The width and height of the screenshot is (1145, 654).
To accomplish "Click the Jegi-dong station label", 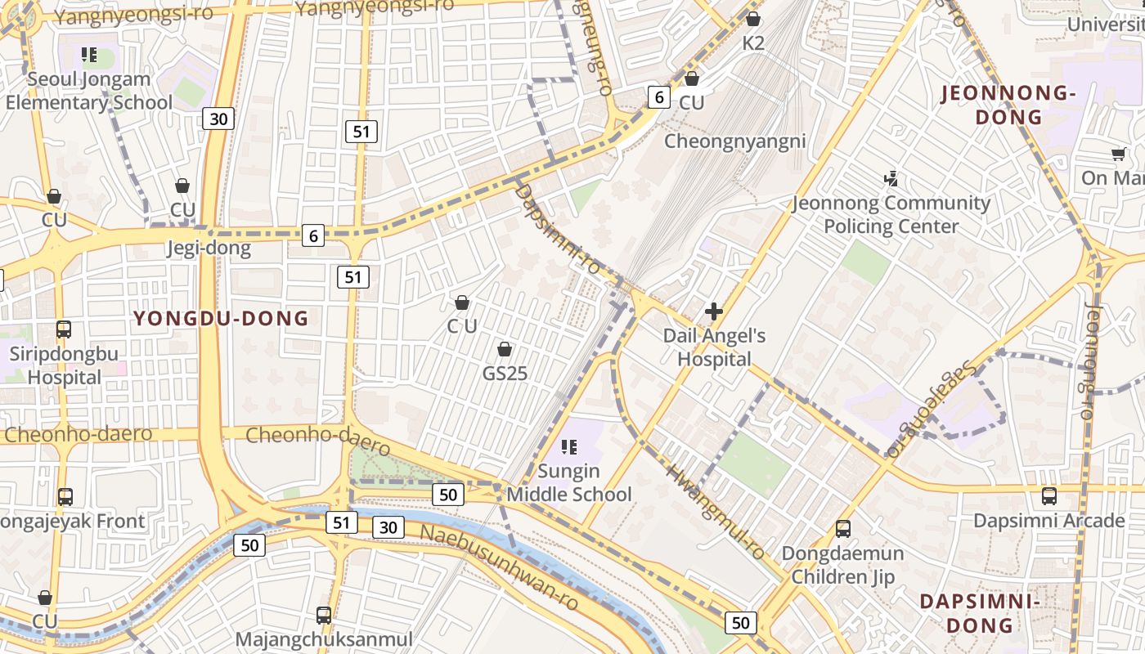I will point(209,248).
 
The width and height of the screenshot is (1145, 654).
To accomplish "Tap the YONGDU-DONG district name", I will point(221,319).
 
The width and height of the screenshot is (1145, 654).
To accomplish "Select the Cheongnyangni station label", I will point(734,141).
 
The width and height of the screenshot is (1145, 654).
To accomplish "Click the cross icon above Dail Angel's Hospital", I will point(714,311).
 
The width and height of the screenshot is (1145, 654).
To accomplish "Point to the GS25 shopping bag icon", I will point(505,350).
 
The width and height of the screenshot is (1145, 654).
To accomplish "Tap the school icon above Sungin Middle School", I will point(569,446).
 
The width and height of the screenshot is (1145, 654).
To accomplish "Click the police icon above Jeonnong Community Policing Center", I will point(891,177).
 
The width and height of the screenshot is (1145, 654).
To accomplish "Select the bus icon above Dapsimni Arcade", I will point(1049,495).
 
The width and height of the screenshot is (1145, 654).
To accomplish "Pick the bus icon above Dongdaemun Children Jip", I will point(843,528).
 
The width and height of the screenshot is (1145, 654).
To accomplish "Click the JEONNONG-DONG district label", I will point(1008,105).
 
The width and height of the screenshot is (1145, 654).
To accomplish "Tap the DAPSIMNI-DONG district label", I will point(980,613).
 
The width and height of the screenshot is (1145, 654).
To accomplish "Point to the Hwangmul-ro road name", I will point(716,512).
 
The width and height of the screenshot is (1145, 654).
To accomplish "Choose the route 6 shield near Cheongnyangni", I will point(659,97).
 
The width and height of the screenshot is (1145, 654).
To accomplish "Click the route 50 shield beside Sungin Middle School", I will point(448,494).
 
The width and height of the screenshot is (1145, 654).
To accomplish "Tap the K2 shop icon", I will point(753,19).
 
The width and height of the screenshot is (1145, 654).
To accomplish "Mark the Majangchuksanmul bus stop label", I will point(324,638).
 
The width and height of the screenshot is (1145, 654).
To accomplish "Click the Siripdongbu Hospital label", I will point(65,365).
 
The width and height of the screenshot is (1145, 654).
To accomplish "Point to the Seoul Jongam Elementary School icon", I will point(89,56).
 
